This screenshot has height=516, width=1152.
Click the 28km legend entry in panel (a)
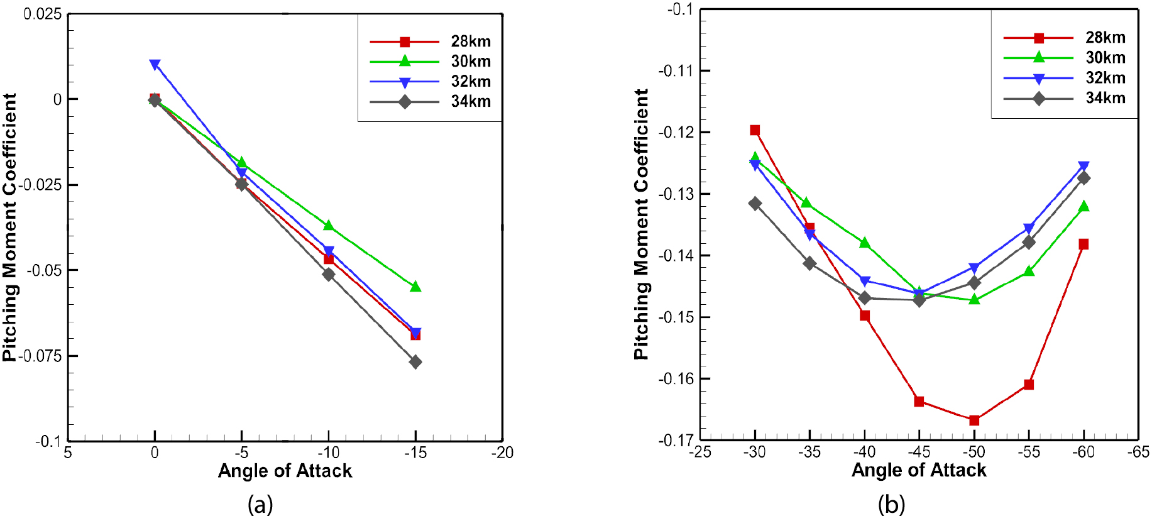[x=430, y=41]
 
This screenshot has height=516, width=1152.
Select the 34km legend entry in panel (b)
[x=1064, y=98]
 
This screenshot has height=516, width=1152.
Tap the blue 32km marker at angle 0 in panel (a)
[x=155, y=65]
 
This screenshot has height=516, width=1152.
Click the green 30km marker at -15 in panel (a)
[x=415, y=287]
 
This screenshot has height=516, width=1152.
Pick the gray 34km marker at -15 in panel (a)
[x=415, y=362]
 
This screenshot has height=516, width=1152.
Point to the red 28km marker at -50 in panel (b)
[x=974, y=420]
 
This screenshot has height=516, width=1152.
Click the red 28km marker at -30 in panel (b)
[x=755, y=130]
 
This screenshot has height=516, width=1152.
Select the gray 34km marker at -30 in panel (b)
[x=755, y=204]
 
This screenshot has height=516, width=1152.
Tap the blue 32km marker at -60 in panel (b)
[x=1083, y=167]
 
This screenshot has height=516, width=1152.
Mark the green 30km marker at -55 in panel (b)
[x=1029, y=271]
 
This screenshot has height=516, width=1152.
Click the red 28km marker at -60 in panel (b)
[x=1083, y=244]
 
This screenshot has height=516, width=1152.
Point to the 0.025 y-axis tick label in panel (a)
[x=43, y=14]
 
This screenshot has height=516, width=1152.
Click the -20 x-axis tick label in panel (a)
[x=502, y=453]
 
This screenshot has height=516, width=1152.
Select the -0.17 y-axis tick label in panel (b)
[x=676, y=441]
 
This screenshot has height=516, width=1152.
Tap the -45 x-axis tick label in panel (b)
[x=919, y=452]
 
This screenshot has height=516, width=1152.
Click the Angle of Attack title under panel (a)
[x=285, y=471]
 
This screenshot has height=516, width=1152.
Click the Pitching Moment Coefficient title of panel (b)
[x=641, y=224]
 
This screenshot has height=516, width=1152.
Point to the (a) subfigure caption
[x=260, y=504]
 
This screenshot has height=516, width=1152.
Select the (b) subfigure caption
[x=891, y=504]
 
